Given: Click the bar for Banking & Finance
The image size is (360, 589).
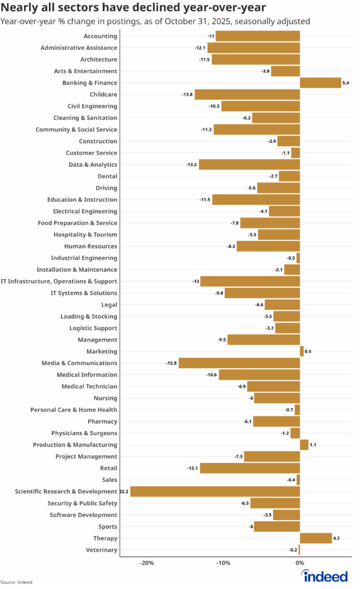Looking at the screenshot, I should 320,83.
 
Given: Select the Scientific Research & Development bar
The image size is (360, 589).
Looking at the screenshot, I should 215,492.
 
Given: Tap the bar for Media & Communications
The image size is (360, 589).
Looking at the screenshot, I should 239,363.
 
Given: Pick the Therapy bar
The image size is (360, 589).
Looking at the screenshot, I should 316,538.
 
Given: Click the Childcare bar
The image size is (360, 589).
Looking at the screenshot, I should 247,94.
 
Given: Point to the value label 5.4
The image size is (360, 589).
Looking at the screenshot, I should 346,83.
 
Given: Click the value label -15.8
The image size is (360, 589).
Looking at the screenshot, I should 171,363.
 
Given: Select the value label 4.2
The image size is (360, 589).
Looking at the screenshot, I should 336,538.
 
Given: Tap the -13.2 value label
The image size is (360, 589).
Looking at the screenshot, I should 191,165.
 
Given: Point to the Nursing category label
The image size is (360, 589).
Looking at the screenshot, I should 105,398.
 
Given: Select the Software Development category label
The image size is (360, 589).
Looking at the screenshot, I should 83,515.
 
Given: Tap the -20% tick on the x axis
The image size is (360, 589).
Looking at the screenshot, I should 147,563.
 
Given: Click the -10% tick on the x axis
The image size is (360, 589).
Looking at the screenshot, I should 223,563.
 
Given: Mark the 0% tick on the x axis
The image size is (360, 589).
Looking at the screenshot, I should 300,563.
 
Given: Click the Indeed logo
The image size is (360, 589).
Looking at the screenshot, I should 325,576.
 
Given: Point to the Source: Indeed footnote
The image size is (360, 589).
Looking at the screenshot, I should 16,582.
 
